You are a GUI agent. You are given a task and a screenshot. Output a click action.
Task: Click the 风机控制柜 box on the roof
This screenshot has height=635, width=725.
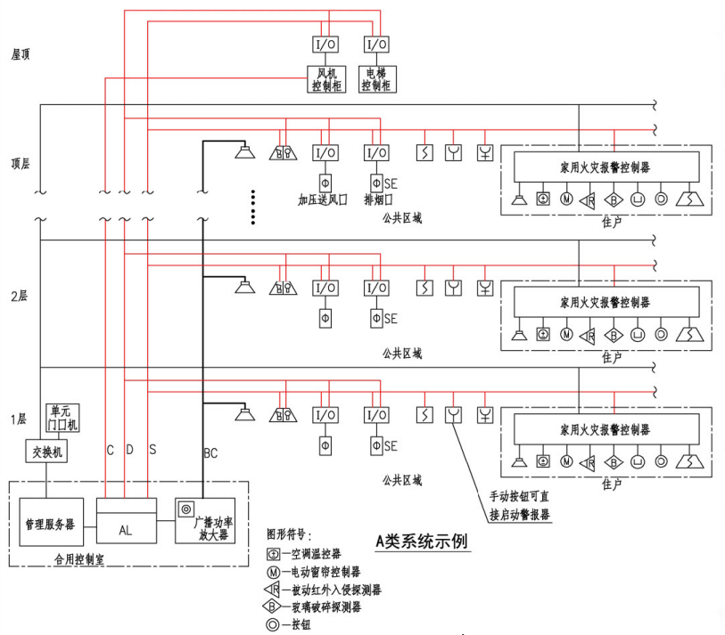[324, 79]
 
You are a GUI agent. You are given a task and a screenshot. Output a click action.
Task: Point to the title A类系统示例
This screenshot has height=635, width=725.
[421, 541]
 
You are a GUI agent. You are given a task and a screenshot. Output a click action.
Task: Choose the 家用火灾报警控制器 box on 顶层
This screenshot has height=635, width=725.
[605, 167]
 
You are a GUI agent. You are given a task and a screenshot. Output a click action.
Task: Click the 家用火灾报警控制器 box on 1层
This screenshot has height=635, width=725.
[605, 428]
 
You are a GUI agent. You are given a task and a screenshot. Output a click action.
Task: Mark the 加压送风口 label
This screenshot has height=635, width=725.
[322, 199]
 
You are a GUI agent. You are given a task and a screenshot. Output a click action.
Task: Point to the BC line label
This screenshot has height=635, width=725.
[210, 453]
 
